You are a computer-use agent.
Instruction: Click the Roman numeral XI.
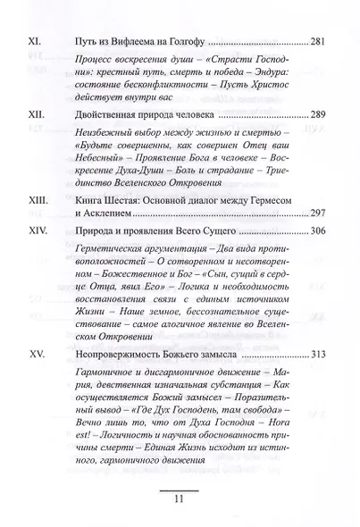(39, 42)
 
